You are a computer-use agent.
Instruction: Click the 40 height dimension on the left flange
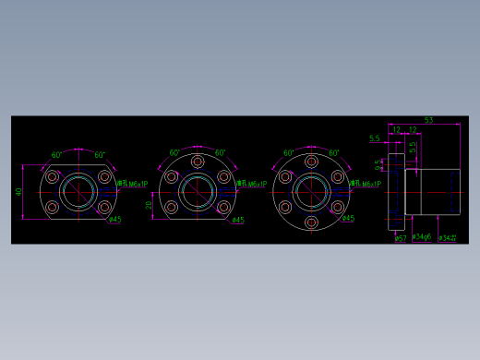[x=18, y=192]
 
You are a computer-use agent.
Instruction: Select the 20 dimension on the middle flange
[x=150, y=206]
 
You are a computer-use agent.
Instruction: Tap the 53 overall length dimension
[x=428, y=120]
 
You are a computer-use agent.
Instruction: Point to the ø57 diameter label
[x=401, y=238]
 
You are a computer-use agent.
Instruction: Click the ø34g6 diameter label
[x=422, y=237]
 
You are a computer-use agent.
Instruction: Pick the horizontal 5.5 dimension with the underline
[x=374, y=138]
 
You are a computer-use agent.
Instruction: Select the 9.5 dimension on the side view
[x=378, y=165]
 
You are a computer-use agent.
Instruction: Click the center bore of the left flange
[x=78, y=192]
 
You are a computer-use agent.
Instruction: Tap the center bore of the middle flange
[x=197, y=192]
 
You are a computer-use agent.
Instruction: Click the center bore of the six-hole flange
[x=312, y=192]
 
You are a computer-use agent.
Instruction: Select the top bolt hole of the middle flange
[x=197, y=162]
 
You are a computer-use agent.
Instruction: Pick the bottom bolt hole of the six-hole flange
[x=312, y=222]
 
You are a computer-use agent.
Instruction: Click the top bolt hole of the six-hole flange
[x=312, y=162]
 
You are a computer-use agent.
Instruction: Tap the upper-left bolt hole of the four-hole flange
[x=53, y=176]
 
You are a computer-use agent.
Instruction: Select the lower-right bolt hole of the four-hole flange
[x=104, y=208]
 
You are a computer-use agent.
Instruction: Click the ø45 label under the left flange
[x=114, y=220]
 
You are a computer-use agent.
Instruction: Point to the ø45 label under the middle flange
[x=237, y=220]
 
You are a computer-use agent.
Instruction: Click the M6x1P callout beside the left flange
[x=132, y=185]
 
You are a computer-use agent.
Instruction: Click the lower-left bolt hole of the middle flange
[x=171, y=208]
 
